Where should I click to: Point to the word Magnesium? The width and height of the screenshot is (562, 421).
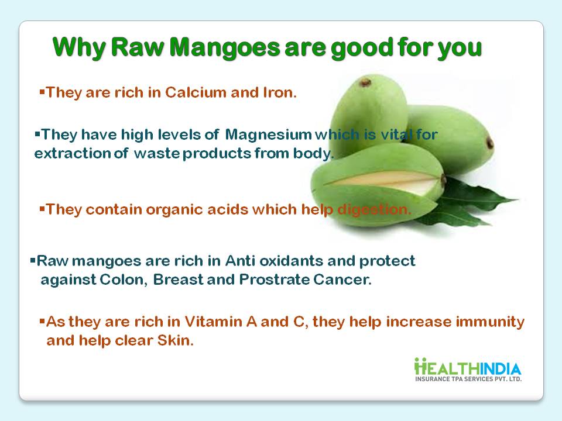pos(269,135)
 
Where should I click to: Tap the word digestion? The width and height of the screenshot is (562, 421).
pos(374,209)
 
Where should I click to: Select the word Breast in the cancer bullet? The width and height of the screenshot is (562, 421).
pos(178,279)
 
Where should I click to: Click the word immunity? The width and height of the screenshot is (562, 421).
pos(490,322)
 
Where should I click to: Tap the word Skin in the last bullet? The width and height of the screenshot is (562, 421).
pos(175,340)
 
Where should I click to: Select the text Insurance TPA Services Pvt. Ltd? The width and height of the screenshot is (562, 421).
pos(468,379)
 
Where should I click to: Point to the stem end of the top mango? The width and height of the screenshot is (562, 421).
pos(365,82)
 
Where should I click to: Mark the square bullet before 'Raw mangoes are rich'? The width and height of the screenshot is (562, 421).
pos(33,259)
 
